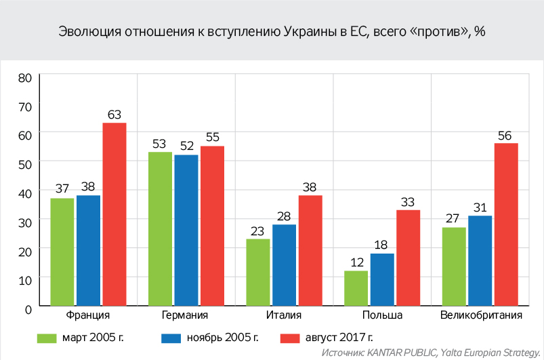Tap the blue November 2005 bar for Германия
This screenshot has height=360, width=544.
coord(186,231)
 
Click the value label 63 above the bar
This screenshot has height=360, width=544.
coord(114,115)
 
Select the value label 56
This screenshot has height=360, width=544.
coord(505,135)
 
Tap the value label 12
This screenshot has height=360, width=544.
coord(355,262)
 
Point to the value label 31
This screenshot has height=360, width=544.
coord(480,207)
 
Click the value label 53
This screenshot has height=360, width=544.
coord(160,144)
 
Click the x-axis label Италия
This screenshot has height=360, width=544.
coord(284,316)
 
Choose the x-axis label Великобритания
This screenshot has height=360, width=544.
coord(480,316)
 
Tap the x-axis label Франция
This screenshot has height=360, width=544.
coord(89,316)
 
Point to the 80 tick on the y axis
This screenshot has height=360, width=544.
coord(25,77)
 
